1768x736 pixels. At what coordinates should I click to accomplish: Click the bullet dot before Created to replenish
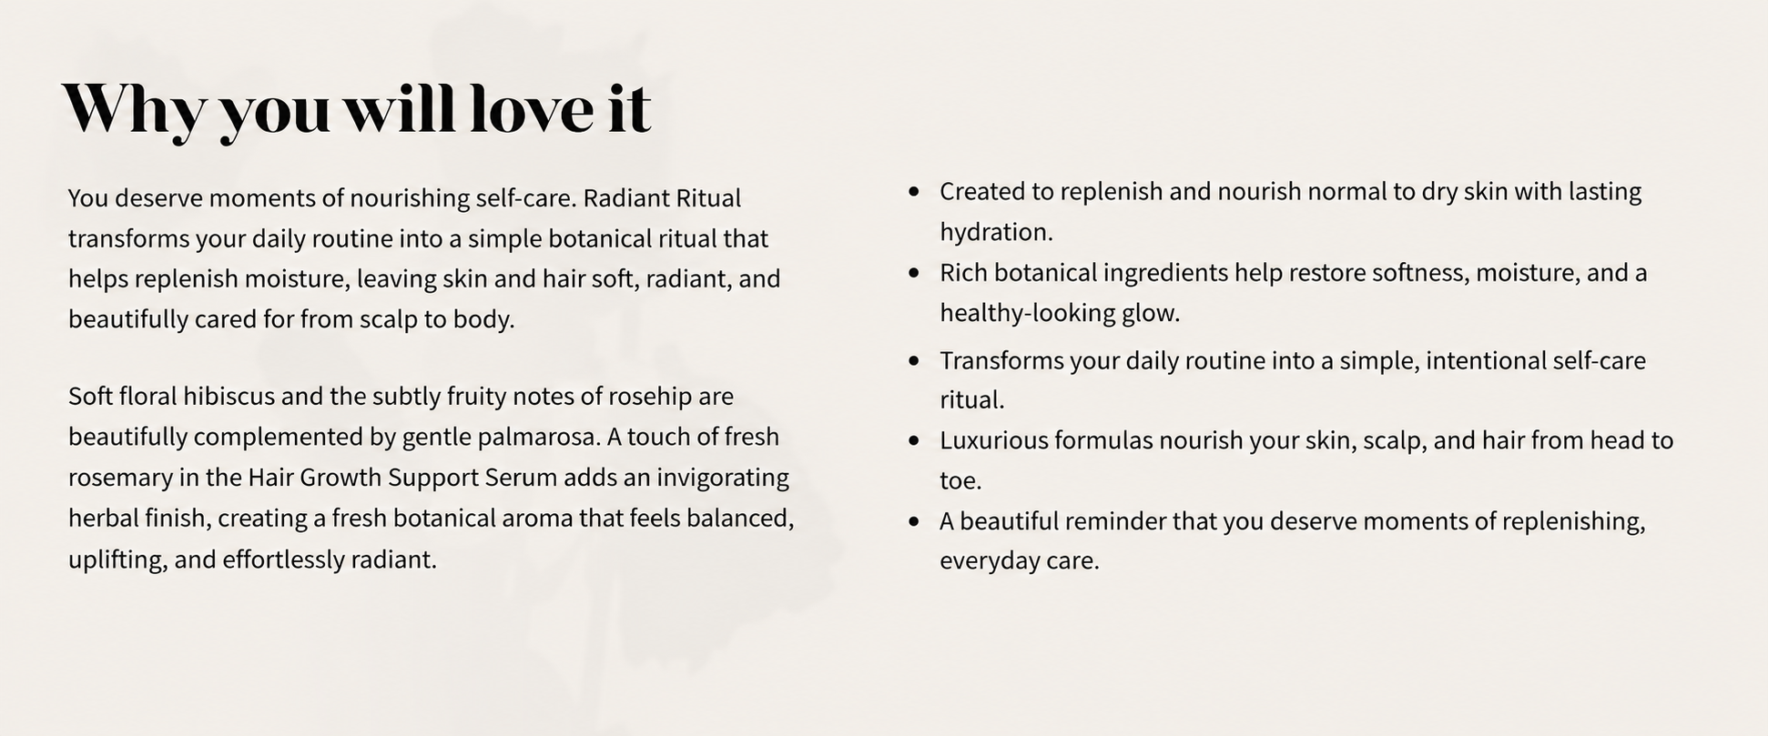(914, 191)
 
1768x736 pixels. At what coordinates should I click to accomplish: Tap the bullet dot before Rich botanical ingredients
(914, 272)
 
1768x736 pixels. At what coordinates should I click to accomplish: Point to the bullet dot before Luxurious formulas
(914, 440)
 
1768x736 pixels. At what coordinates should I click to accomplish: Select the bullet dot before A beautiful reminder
(914, 521)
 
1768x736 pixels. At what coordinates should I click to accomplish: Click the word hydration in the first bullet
(996, 233)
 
